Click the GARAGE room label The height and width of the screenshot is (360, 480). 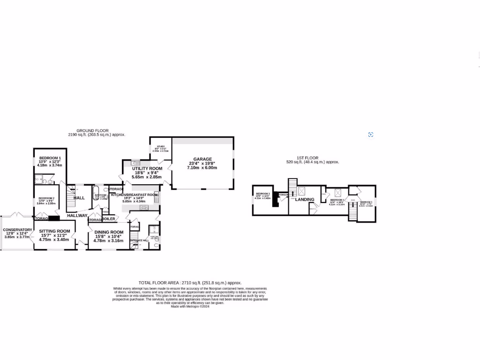(202, 159)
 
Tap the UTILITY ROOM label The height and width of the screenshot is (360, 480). (147, 168)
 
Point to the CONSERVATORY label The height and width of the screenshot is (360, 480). (17, 230)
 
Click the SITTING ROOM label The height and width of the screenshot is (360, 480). (54, 231)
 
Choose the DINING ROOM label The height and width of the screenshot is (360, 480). (109, 232)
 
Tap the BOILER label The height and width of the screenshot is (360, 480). (109, 219)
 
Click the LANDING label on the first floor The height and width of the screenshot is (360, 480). (304, 199)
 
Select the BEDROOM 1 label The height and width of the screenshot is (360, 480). (50, 157)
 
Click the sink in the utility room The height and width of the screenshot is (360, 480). (134, 163)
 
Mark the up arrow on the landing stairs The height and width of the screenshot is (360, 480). (292, 192)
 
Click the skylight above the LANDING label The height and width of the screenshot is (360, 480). (301, 191)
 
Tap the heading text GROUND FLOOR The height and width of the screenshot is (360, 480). (93, 131)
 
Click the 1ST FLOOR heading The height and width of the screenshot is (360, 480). (308, 158)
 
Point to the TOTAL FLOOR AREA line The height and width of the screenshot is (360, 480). (190, 283)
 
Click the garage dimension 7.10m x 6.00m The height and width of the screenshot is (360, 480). (202, 167)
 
